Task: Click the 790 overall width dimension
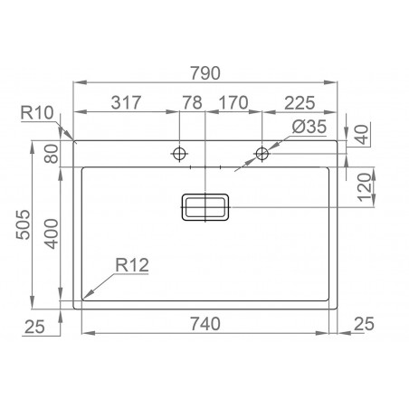(x=206, y=72)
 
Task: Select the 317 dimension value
(x=126, y=103)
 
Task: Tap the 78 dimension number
(x=193, y=103)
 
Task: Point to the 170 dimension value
(x=234, y=103)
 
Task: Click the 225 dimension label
(x=300, y=103)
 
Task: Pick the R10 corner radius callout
(x=37, y=112)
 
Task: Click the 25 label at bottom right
(x=365, y=323)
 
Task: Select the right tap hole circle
(x=262, y=152)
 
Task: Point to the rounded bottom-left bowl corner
(x=86, y=295)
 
